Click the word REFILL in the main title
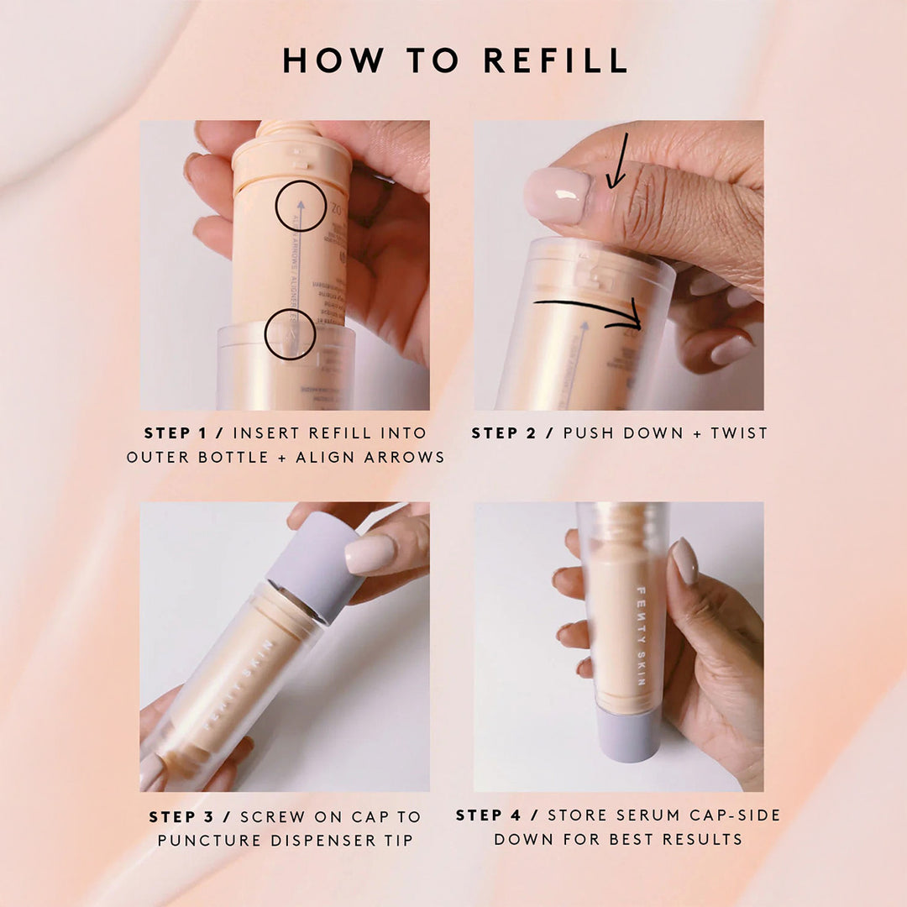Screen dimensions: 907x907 556,60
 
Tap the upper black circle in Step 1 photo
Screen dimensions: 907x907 301,206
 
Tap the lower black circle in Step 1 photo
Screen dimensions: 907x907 290,335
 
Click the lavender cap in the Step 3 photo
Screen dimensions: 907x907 315,557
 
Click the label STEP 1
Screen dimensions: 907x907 177,433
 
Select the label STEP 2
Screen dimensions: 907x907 505,433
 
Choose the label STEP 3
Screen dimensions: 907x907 183,816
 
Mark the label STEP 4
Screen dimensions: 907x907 490,815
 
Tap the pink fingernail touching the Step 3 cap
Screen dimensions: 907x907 370,553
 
